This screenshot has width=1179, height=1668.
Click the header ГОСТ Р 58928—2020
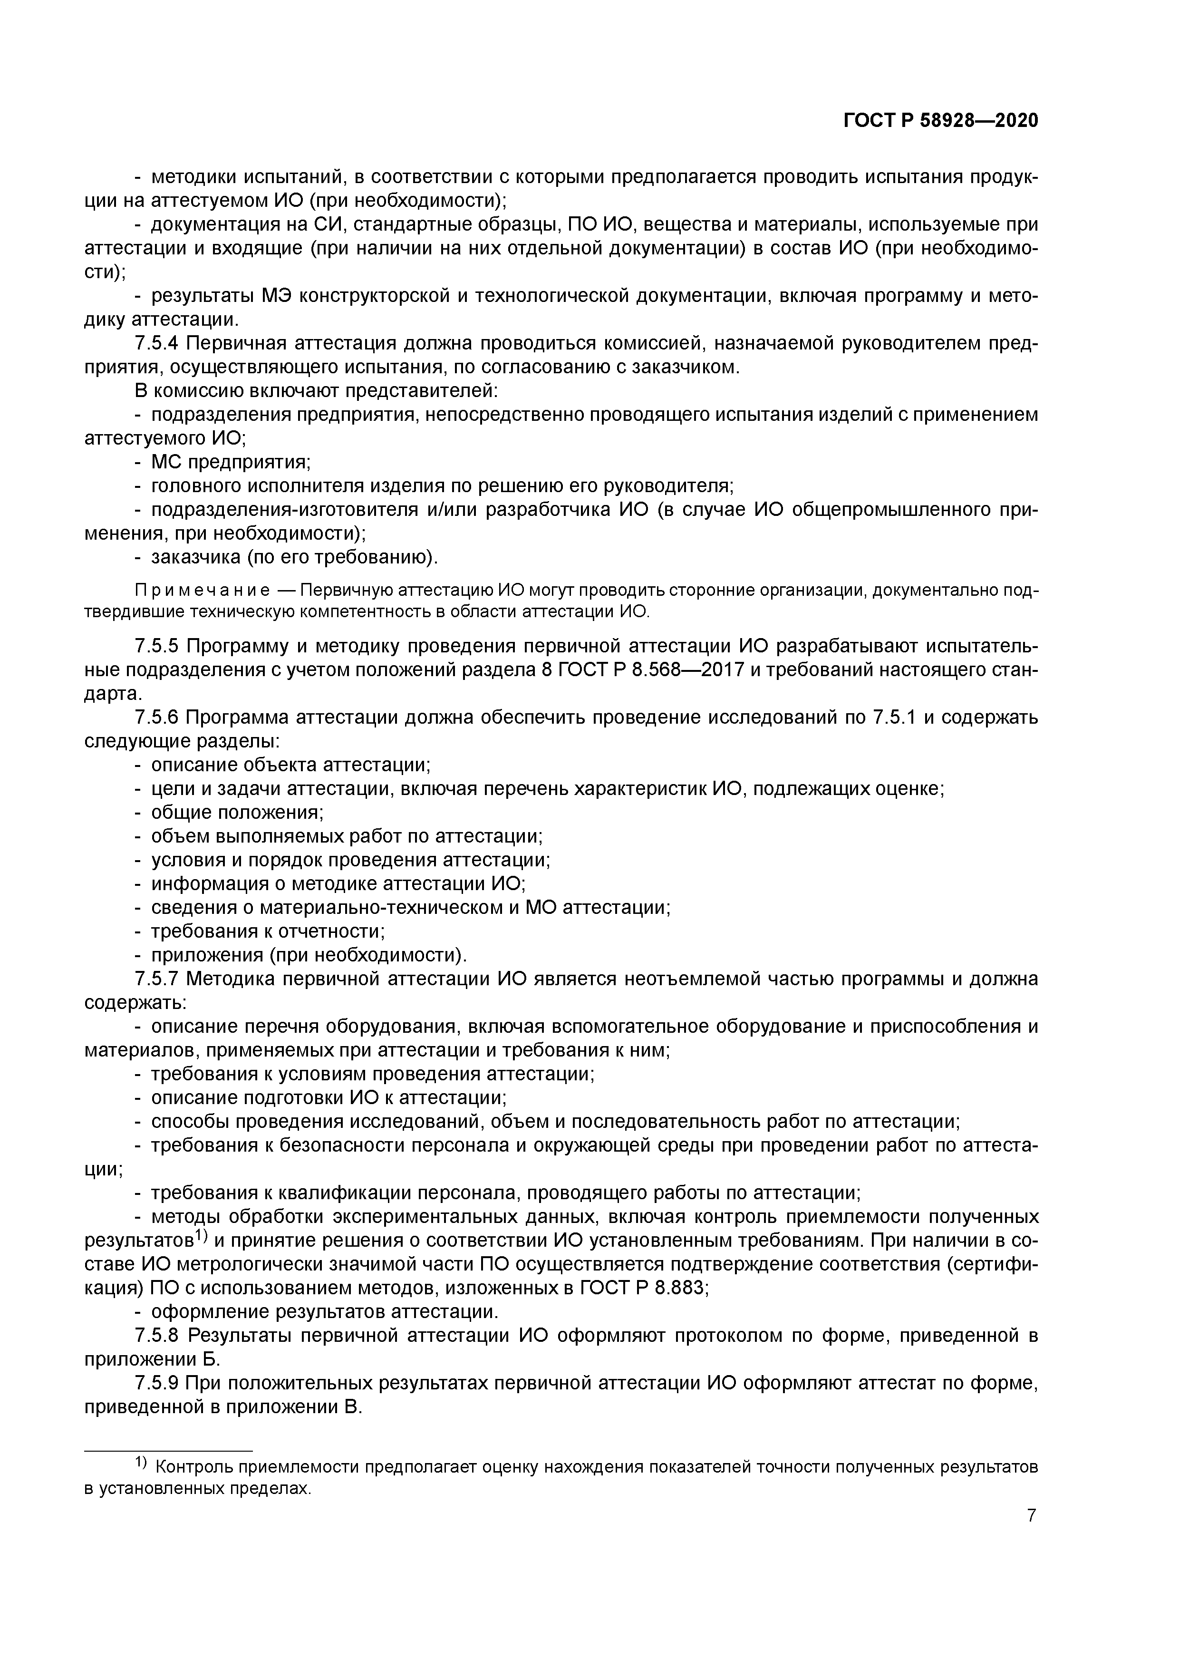coord(941,121)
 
